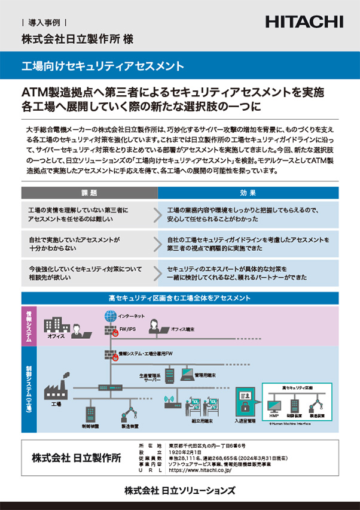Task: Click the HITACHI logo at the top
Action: pos(304,22)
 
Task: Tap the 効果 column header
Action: pos(248,193)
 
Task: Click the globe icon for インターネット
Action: pos(109,315)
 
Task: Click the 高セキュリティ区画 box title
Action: pos(297,372)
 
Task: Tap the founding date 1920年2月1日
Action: pos(184,452)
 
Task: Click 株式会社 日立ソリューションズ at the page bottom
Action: pos(180,490)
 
